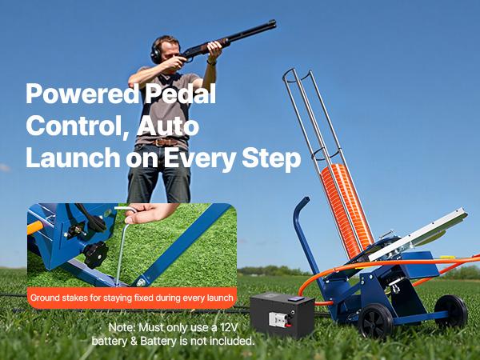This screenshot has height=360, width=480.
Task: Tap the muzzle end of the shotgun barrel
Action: [x=275, y=22]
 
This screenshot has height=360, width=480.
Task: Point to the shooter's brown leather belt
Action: [x=166, y=142]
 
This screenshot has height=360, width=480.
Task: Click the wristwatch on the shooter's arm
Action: [x=212, y=61]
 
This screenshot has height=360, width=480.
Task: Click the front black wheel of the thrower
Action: [x=375, y=321]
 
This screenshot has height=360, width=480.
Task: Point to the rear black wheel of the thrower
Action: [x=451, y=310]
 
